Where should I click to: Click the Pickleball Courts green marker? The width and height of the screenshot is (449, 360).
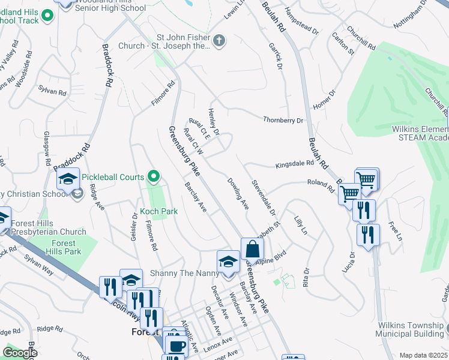tap(154, 176)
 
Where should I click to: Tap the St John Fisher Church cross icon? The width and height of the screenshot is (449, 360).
tap(220, 41)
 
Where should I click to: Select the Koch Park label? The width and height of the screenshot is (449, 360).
tap(158, 211)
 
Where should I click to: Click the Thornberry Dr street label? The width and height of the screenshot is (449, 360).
tap(283, 120)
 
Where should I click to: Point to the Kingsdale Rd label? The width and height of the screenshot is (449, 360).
tap(295, 164)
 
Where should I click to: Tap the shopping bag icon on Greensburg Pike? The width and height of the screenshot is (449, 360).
tap(253, 249)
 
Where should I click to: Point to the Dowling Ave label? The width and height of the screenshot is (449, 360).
tap(238, 193)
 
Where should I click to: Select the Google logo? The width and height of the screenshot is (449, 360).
tap(20, 352)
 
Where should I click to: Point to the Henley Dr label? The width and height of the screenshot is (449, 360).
tap(214, 121)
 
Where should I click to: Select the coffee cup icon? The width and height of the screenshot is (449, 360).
tap(176, 346)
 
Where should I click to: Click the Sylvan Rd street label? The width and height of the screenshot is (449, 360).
tap(52, 91)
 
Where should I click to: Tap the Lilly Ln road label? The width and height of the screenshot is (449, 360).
tap(300, 226)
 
